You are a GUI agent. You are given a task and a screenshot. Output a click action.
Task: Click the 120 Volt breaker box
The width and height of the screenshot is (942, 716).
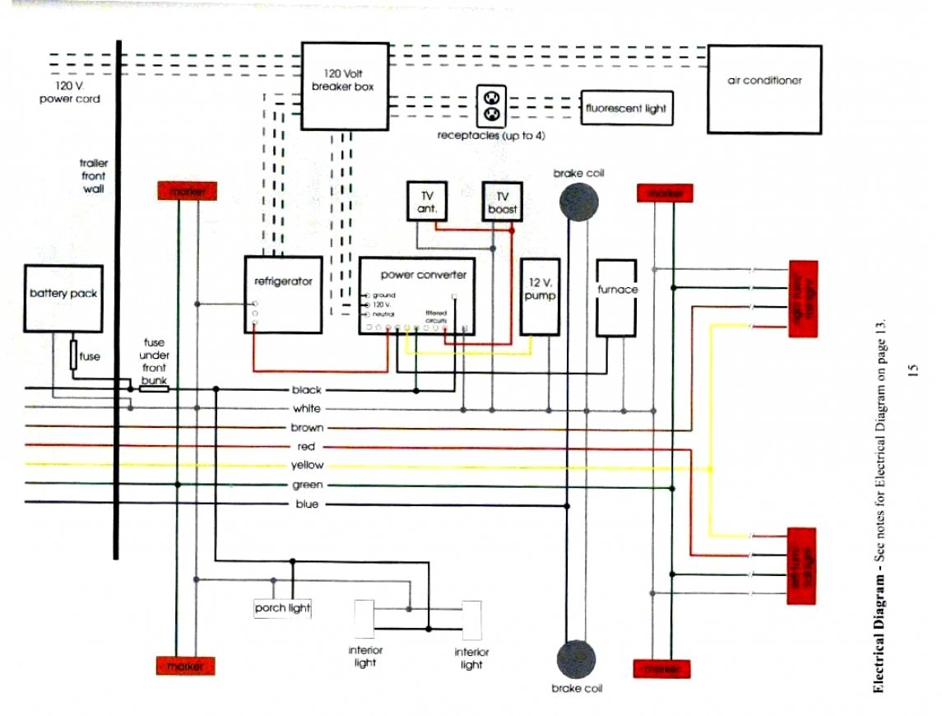(344, 86)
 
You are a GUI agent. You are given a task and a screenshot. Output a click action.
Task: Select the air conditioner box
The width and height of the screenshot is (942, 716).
(764, 89)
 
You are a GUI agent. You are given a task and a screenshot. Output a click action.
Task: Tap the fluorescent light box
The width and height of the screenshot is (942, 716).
(626, 108)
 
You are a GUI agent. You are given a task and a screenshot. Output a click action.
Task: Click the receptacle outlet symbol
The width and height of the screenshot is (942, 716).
(492, 105)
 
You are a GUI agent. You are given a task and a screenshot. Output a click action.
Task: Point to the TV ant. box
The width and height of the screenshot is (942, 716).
(427, 201)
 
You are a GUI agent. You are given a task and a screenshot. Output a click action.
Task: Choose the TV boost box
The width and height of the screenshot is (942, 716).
(502, 202)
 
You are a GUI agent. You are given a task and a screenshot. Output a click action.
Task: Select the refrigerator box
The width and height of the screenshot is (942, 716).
(283, 294)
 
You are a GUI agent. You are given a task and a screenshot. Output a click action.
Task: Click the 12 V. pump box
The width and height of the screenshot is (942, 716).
(540, 305)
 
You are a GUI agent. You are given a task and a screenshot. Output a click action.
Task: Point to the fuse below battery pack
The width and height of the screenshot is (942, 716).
(73, 356)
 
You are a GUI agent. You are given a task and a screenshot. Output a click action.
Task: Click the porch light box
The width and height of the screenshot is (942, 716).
(282, 608)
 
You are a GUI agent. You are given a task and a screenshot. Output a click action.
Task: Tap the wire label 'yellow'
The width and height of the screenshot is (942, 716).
(308, 466)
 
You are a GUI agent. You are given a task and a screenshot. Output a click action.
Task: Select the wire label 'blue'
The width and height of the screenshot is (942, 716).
(307, 504)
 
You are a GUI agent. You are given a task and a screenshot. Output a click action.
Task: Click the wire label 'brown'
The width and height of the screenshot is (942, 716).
(307, 428)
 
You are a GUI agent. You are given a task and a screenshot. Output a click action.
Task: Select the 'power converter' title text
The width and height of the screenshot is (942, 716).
(423, 274)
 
